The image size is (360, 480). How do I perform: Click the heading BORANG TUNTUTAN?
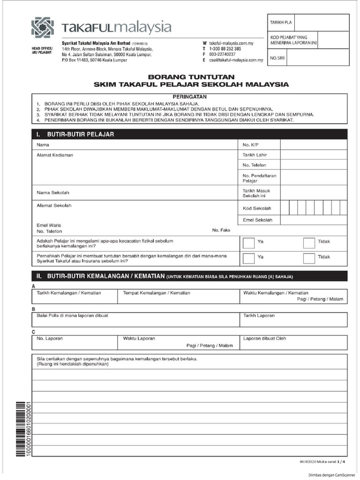click(191, 77)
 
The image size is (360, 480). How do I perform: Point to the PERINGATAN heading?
click(190, 96)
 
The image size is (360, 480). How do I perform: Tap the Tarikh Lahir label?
click(255, 155)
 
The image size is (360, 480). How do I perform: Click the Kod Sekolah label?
click(257, 209)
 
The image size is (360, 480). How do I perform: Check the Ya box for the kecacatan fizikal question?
click(248, 242)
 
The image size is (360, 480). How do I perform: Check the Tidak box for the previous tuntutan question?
click(309, 257)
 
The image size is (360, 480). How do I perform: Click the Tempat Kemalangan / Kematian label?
click(156, 292)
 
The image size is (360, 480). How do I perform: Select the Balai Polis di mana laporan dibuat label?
click(72, 315)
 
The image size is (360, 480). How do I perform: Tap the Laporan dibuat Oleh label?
click(264, 338)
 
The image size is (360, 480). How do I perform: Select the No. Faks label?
click(221, 231)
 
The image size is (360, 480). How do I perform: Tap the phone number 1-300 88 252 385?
click(225, 49)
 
